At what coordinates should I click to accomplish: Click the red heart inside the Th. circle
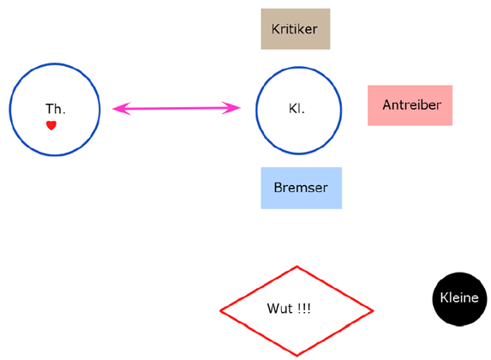tap(51, 125)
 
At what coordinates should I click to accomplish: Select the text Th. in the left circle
tap(56, 109)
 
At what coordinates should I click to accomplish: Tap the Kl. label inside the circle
tap(296, 109)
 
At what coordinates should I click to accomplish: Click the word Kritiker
tap(295, 29)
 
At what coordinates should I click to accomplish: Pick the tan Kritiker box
tap(296, 29)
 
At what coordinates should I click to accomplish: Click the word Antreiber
tap(412, 105)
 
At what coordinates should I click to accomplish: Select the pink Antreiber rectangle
tap(410, 105)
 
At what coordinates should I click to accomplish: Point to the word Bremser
tap(301, 188)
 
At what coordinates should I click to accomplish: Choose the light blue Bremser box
tap(302, 188)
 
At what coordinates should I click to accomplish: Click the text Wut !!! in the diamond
tap(289, 309)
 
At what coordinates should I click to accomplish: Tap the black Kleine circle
tap(459, 299)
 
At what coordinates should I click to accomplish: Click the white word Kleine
tap(459, 297)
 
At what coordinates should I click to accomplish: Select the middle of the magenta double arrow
tap(177, 108)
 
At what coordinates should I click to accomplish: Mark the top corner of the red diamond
tap(296, 267)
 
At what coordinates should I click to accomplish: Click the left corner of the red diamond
tap(220, 310)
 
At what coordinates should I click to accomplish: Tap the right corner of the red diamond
tap(373, 311)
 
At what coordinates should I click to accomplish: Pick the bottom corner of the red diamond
tap(296, 356)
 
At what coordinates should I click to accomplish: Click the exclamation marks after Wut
tap(304, 309)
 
